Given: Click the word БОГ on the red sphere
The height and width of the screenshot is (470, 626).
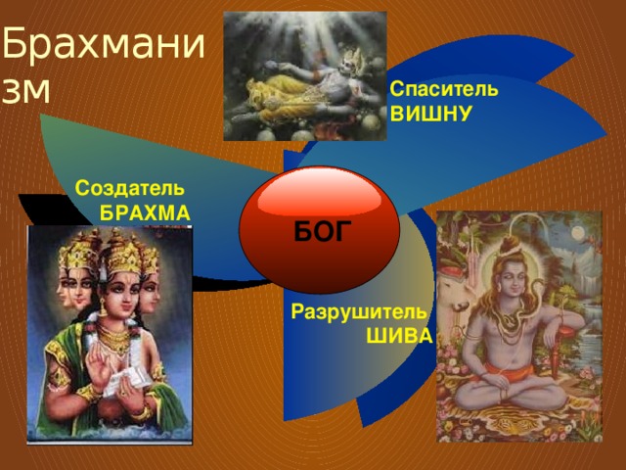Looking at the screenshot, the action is click(323, 231).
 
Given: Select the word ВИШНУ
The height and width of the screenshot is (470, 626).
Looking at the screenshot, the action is click(430, 114).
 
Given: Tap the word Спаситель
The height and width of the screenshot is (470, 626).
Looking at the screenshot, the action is click(444, 89).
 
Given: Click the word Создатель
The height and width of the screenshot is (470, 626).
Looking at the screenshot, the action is click(130, 188).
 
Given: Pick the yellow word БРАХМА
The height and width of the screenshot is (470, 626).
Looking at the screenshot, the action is click(145, 213).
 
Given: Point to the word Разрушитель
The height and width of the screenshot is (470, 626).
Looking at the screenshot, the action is click(359, 311).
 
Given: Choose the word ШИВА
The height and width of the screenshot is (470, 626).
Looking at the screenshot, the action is click(400, 336).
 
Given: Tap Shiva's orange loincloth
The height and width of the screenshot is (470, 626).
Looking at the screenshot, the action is click(507, 373).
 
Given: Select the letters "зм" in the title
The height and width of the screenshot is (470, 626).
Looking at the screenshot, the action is click(26, 91).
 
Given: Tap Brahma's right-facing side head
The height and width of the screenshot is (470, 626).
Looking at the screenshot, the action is click(149, 293).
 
